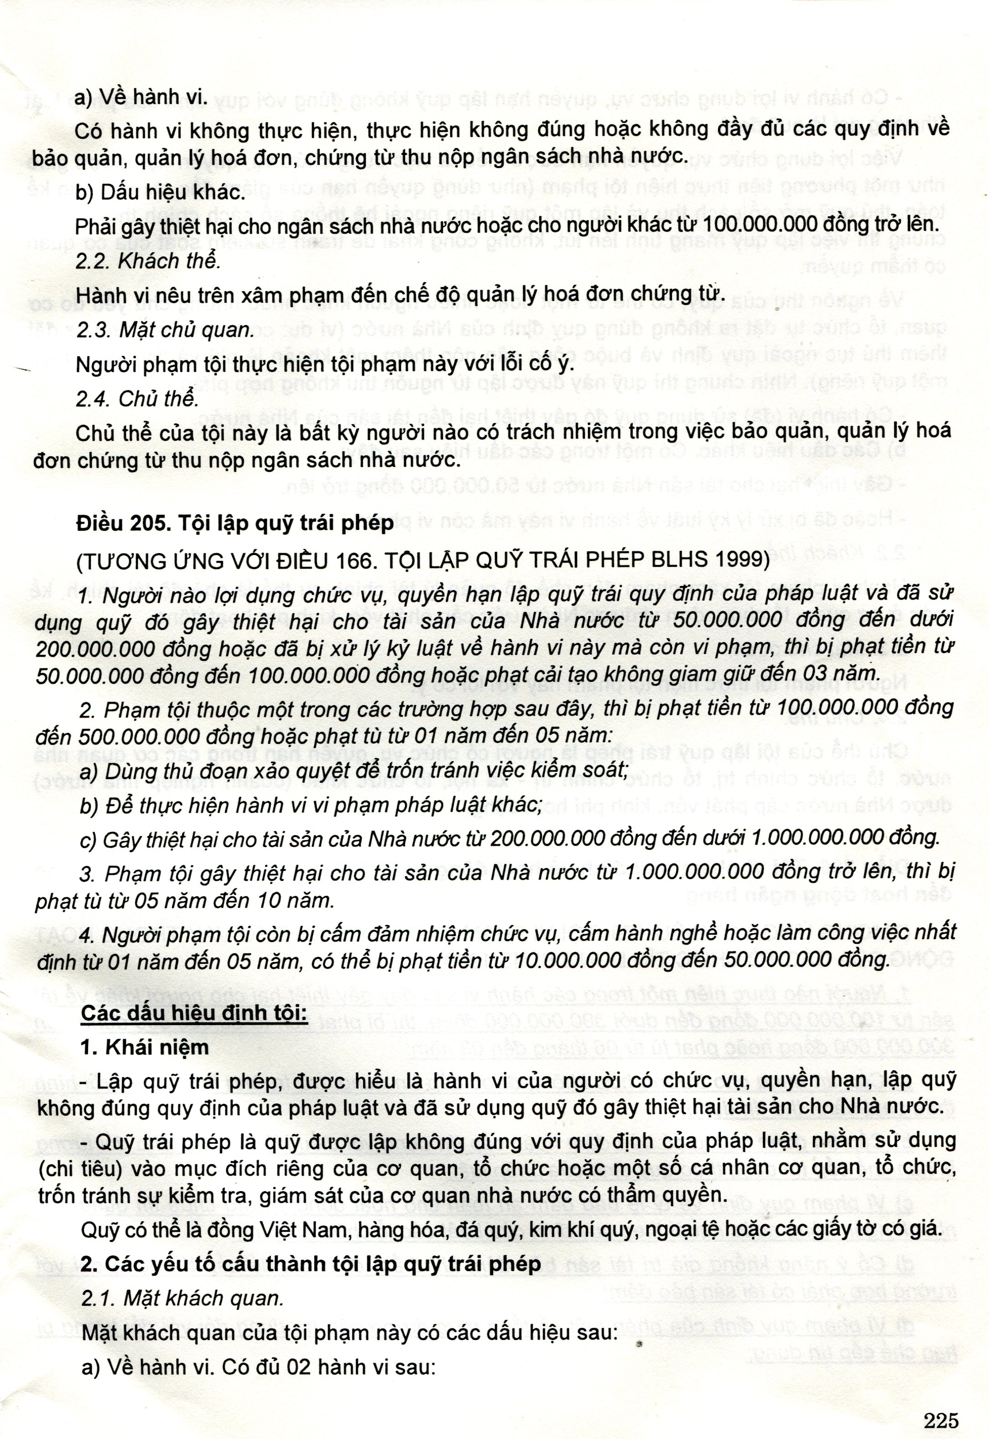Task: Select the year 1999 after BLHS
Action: coord(742,560)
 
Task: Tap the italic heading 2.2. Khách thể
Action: coord(148,261)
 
